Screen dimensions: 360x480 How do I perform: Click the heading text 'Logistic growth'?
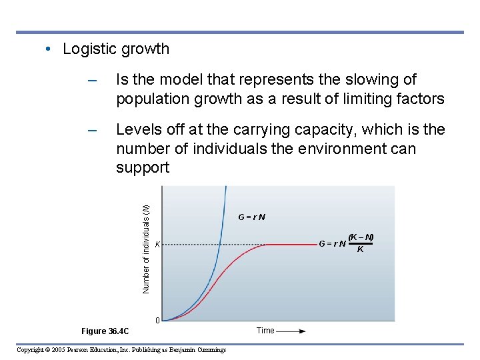tap(116, 49)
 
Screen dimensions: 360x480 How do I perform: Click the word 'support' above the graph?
tap(143, 167)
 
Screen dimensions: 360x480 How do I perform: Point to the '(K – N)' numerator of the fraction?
tap(361, 237)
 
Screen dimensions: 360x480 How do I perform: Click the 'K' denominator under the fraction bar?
tap(361, 249)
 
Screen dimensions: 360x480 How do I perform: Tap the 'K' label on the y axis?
tap(157, 245)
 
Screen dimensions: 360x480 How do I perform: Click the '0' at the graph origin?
tap(157, 321)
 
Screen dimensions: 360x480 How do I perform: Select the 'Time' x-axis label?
tap(265, 331)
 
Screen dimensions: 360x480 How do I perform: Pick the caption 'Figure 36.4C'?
tap(105, 331)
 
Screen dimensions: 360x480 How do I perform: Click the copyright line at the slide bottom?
tap(121, 350)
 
